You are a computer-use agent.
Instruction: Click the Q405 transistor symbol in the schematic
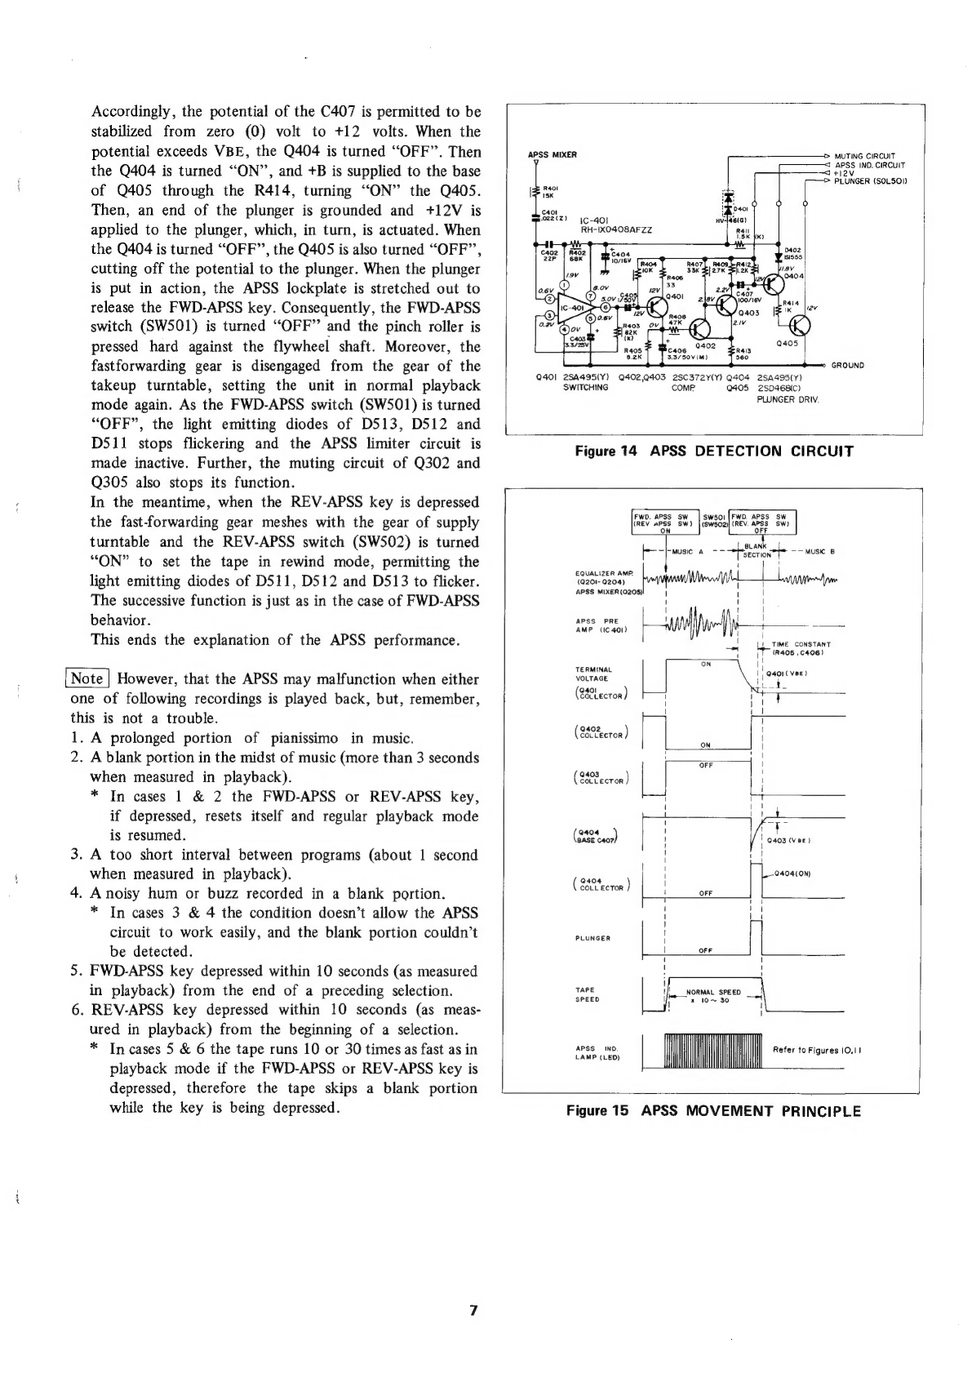point(799,325)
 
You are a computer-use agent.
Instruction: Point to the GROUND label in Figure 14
point(849,364)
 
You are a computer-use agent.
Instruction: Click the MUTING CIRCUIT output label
point(865,156)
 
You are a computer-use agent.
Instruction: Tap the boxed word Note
point(87,678)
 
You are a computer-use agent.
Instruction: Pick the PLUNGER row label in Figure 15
point(594,938)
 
